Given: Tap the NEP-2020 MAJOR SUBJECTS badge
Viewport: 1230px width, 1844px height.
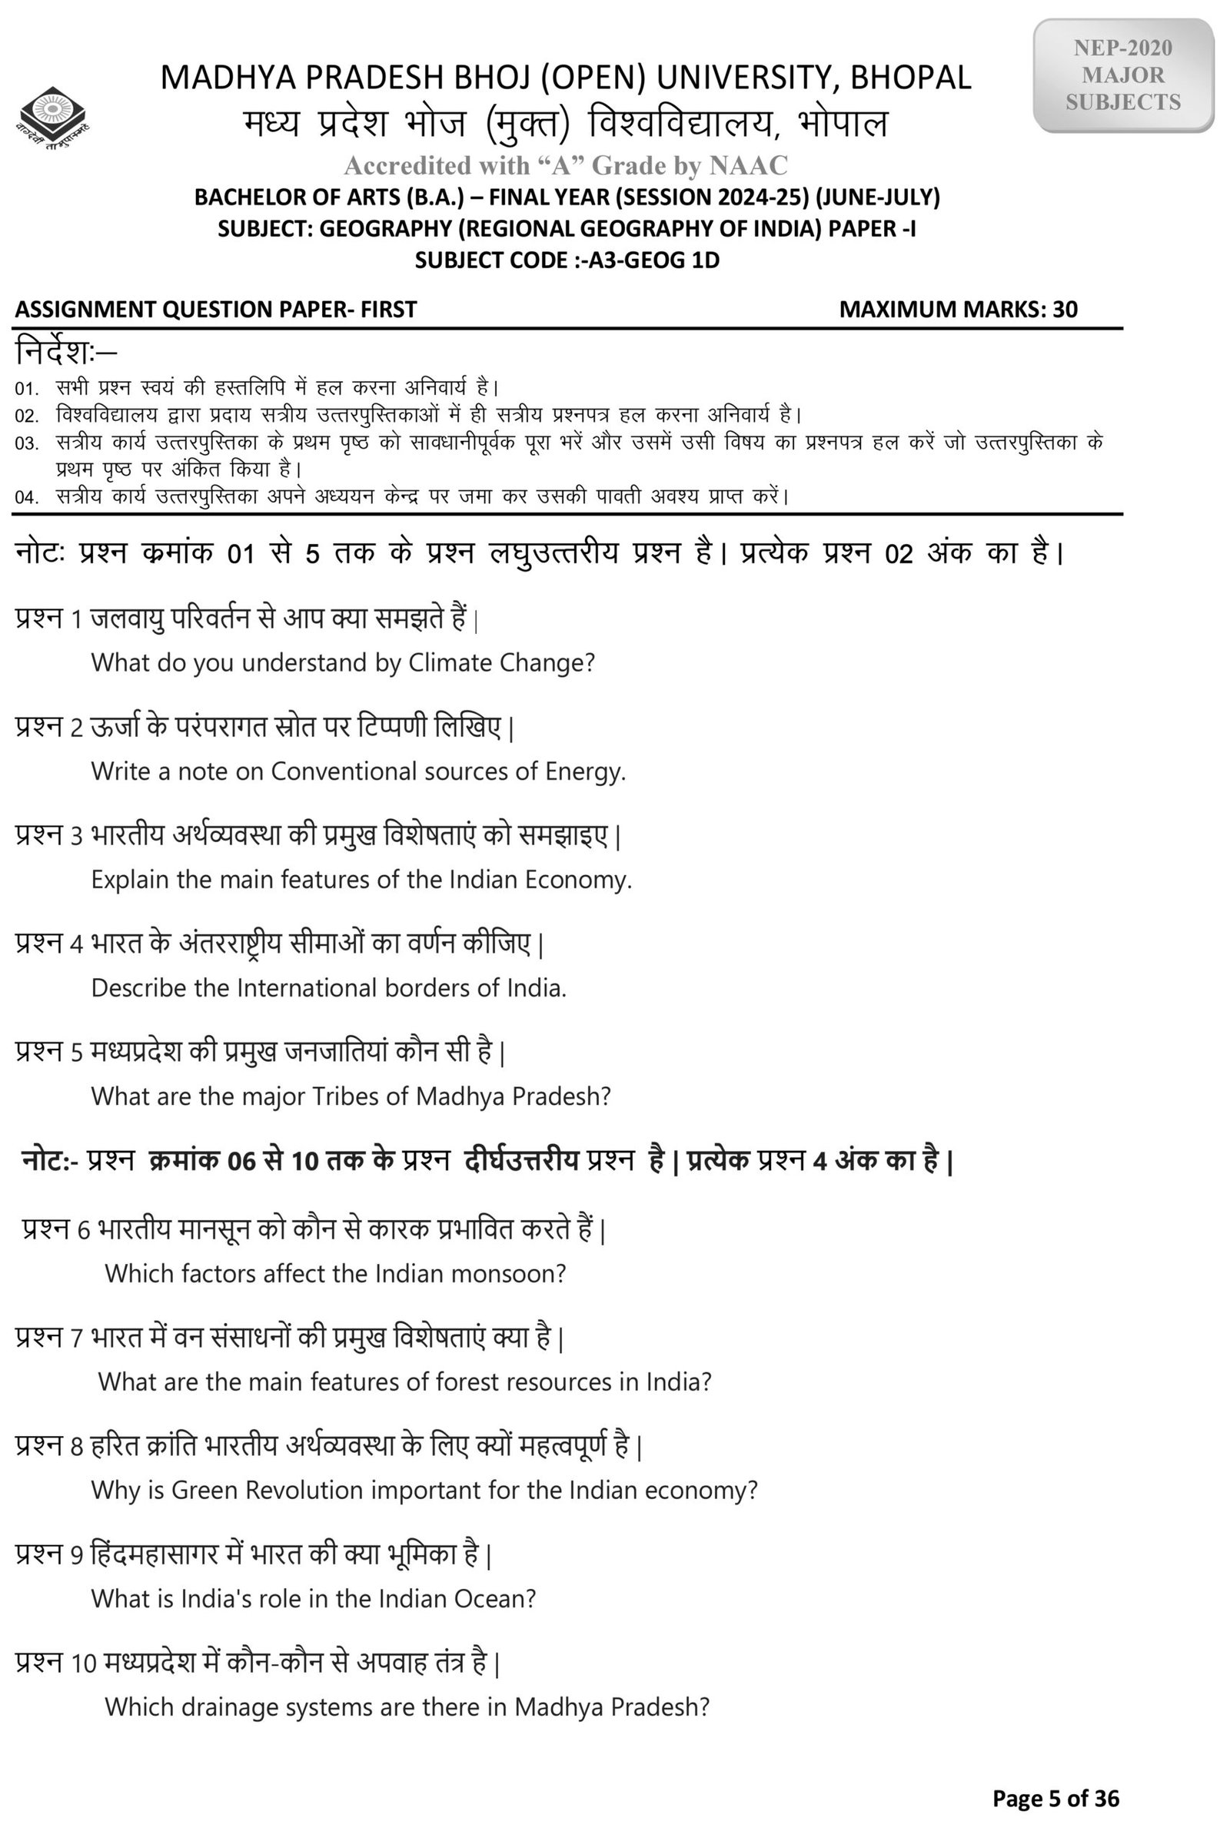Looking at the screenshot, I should click(x=1122, y=75).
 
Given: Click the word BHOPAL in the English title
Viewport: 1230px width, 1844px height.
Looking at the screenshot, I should click(x=911, y=78).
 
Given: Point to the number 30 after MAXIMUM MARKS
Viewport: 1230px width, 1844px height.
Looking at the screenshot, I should click(x=1065, y=309).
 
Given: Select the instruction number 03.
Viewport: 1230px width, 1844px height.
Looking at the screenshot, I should click(x=26, y=444).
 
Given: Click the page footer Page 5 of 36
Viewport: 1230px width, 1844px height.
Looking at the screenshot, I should click(x=1055, y=1798).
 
